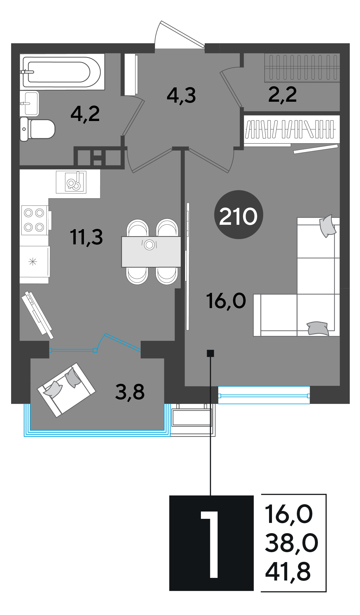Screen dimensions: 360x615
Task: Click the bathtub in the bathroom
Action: click(x=62, y=72)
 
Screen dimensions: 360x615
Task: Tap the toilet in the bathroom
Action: click(x=37, y=129)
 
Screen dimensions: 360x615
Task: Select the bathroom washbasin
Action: click(x=29, y=103)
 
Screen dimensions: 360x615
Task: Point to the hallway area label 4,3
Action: click(x=181, y=95)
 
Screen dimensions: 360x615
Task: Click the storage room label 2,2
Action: click(x=283, y=95)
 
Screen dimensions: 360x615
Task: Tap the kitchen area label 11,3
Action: click(x=86, y=237)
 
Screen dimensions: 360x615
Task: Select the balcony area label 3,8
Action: click(x=130, y=392)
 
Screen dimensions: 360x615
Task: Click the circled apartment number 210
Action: click(x=239, y=215)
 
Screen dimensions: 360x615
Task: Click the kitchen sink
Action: click(x=71, y=182)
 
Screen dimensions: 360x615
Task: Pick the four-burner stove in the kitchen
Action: click(x=34, y=220)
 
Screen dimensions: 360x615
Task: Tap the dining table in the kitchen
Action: click(x=151, y=252)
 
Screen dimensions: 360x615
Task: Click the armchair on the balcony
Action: click(x=66, y=390)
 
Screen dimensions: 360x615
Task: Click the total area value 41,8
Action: click(x=288, y=571)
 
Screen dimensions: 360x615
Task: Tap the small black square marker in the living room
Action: click(x=210, y=353)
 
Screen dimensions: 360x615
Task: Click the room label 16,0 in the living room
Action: click(x=226, y=301)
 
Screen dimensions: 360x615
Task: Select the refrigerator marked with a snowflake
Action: click(x=34, y=262)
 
